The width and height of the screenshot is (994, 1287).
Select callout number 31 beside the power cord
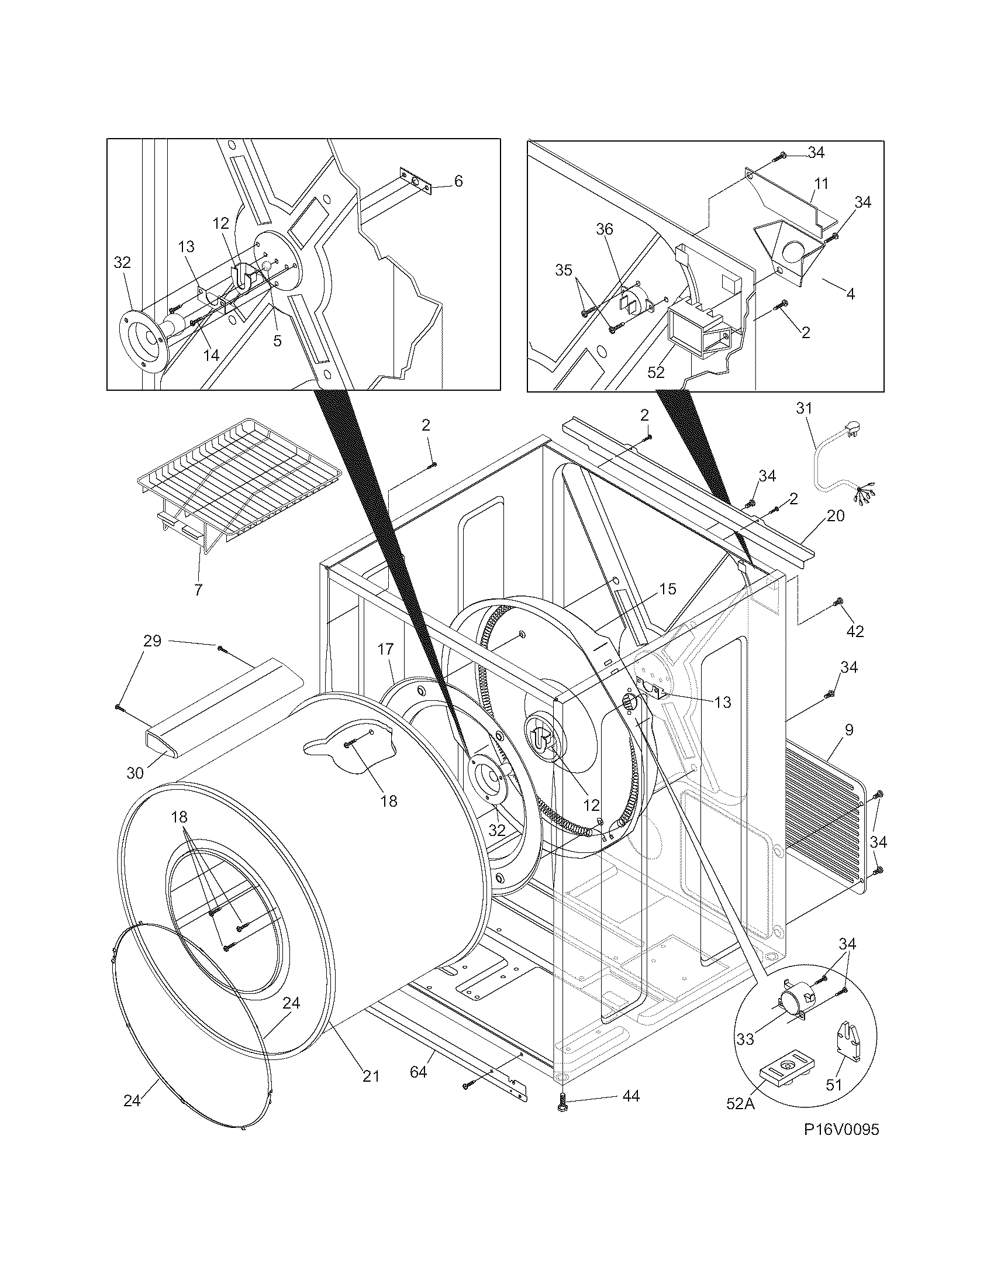[804, 408]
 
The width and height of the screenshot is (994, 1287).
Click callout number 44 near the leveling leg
[630, 1096]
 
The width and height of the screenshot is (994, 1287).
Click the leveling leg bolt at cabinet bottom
[561, 1100]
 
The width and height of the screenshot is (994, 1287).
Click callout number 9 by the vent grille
[848, 730]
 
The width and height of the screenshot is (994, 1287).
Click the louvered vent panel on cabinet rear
[824, 825]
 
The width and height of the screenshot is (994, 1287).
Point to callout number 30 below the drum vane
[136, 773]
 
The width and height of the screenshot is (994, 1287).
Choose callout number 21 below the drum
[370, 1076]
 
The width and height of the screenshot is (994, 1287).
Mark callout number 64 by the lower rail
[418, 1072]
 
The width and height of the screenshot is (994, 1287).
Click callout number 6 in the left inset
[459, 181]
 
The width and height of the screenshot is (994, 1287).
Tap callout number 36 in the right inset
[605, 229]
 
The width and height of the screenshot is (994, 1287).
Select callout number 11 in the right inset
[821, 184]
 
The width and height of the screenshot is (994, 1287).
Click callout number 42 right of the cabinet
[855, 631]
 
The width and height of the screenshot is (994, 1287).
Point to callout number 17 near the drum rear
[385, 650]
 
